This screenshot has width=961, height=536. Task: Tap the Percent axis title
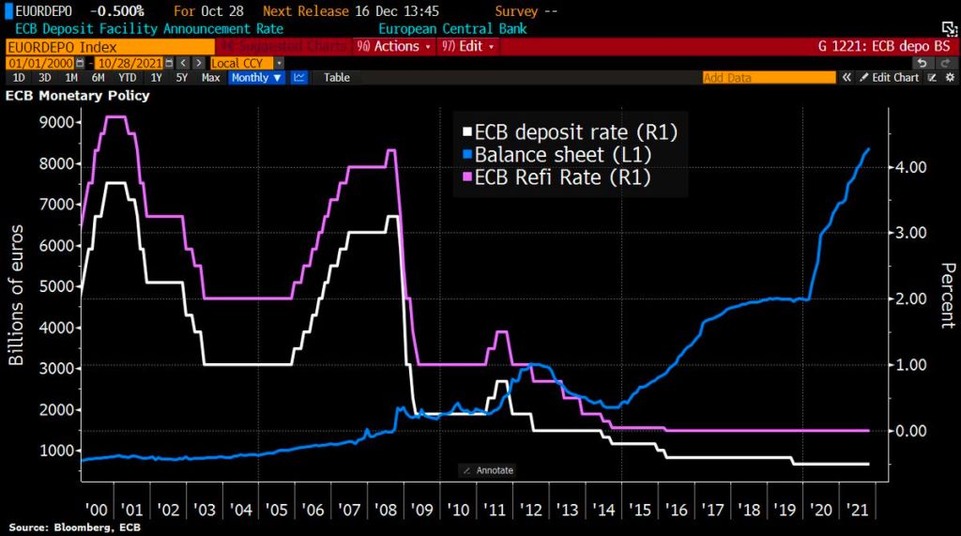click(x=946, y=296)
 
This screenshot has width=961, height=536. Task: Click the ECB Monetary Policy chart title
click(x=78, y=95)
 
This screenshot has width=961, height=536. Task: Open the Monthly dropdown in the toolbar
click(x=256, y=78)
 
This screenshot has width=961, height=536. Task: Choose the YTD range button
click(x=128, y=78)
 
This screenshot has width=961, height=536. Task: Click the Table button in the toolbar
click(x=337, y=78)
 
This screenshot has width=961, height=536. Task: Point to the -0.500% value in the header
click(x=118, y=11)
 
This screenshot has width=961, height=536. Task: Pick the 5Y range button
click(x=182, y=78)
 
